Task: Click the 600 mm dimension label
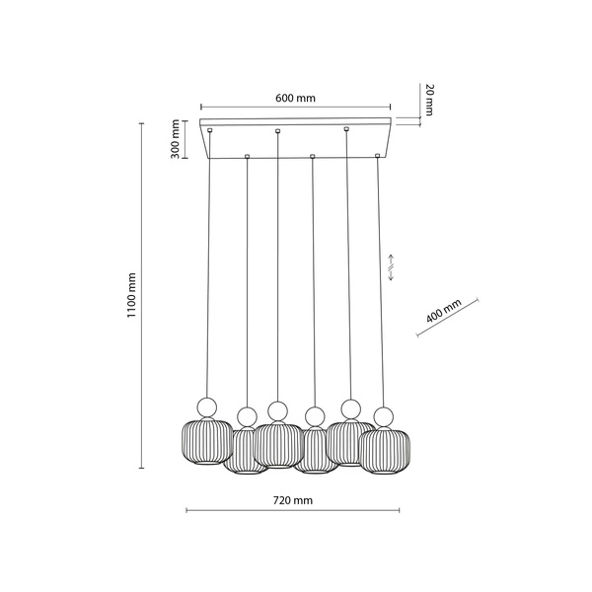(x=296, y=98)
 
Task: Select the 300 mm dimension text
(x=174, y=138)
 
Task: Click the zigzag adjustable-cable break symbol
(x=392, y=265)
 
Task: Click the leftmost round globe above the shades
(x=207, y=406)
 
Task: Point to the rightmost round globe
(x=381, y=415)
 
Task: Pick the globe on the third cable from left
(x=277, y=409)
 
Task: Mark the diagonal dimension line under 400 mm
(x=448, y=319)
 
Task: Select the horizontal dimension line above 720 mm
(x=293, y=511)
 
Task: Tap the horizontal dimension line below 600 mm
(x=296, y=108)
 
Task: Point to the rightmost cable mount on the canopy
(x=378, y=156)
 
